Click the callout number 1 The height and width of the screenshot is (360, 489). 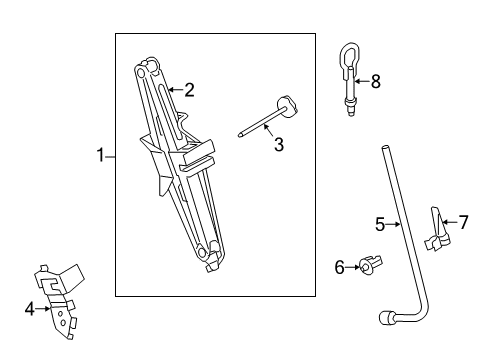(100, 155)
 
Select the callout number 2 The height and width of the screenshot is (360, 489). (189, 90)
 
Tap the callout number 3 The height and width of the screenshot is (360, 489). (279, 145)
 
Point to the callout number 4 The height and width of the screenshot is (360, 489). (29, 309)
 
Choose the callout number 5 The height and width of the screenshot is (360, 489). (380, 224)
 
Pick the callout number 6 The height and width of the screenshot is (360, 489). (339, 267)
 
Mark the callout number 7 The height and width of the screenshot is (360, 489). (463, 222)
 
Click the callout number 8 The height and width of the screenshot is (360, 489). (376, 81)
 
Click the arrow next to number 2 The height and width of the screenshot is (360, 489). (175, 90)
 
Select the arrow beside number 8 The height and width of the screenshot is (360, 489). (362, 81)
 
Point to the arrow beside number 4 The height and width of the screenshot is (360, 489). (43, 309)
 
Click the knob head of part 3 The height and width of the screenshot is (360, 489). (287, 105)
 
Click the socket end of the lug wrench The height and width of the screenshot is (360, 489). (386, 317)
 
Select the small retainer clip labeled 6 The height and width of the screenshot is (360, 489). (370, 265)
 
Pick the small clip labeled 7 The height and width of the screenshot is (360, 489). (437, 230)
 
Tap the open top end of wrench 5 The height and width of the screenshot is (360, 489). (385, 147)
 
